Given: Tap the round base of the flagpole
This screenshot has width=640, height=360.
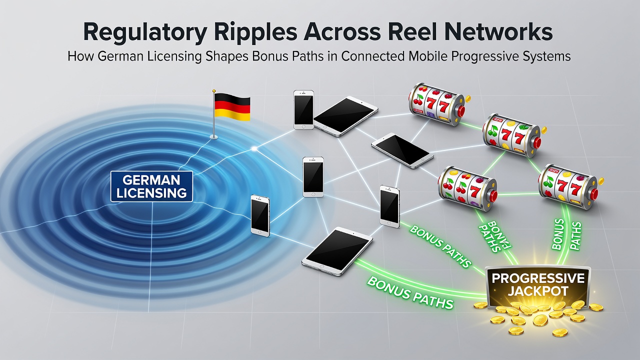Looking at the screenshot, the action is pyautogui.click(x=213, y=137).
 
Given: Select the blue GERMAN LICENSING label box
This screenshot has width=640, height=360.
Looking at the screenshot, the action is pyautogui.click(x=151, y=186).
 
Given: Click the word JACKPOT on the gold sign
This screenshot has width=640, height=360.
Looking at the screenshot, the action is pyautogui.click(x=538, y=291).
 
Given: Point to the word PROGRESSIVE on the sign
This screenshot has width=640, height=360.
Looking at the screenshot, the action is pyautogui.click(x=538, y=278).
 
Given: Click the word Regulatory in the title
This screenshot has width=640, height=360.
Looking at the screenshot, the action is pyautogui.click(x=145, y=33).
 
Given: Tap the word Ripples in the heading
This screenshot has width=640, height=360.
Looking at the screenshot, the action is pyautogui.click(x=255, y=33).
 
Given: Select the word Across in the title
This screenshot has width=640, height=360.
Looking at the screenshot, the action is pyautogui.click(x=342, y=32).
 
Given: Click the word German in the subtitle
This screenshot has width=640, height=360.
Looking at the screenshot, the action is pyautogui.click(x=120, y=56).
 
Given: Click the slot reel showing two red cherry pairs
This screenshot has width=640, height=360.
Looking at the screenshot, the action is pyautogui.click(x=467, y=188).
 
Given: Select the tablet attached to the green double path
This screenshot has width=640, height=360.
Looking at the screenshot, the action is pyautogui.click(x=337, y=251).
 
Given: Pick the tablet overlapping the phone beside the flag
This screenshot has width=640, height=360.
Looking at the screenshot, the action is pyautogui.click(x=345, y=116).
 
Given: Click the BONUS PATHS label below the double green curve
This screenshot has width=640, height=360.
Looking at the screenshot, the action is pyautogui.click(x=410, y=292).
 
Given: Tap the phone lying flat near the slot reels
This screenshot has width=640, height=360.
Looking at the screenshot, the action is pyautogui.click(x=402, y=150).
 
